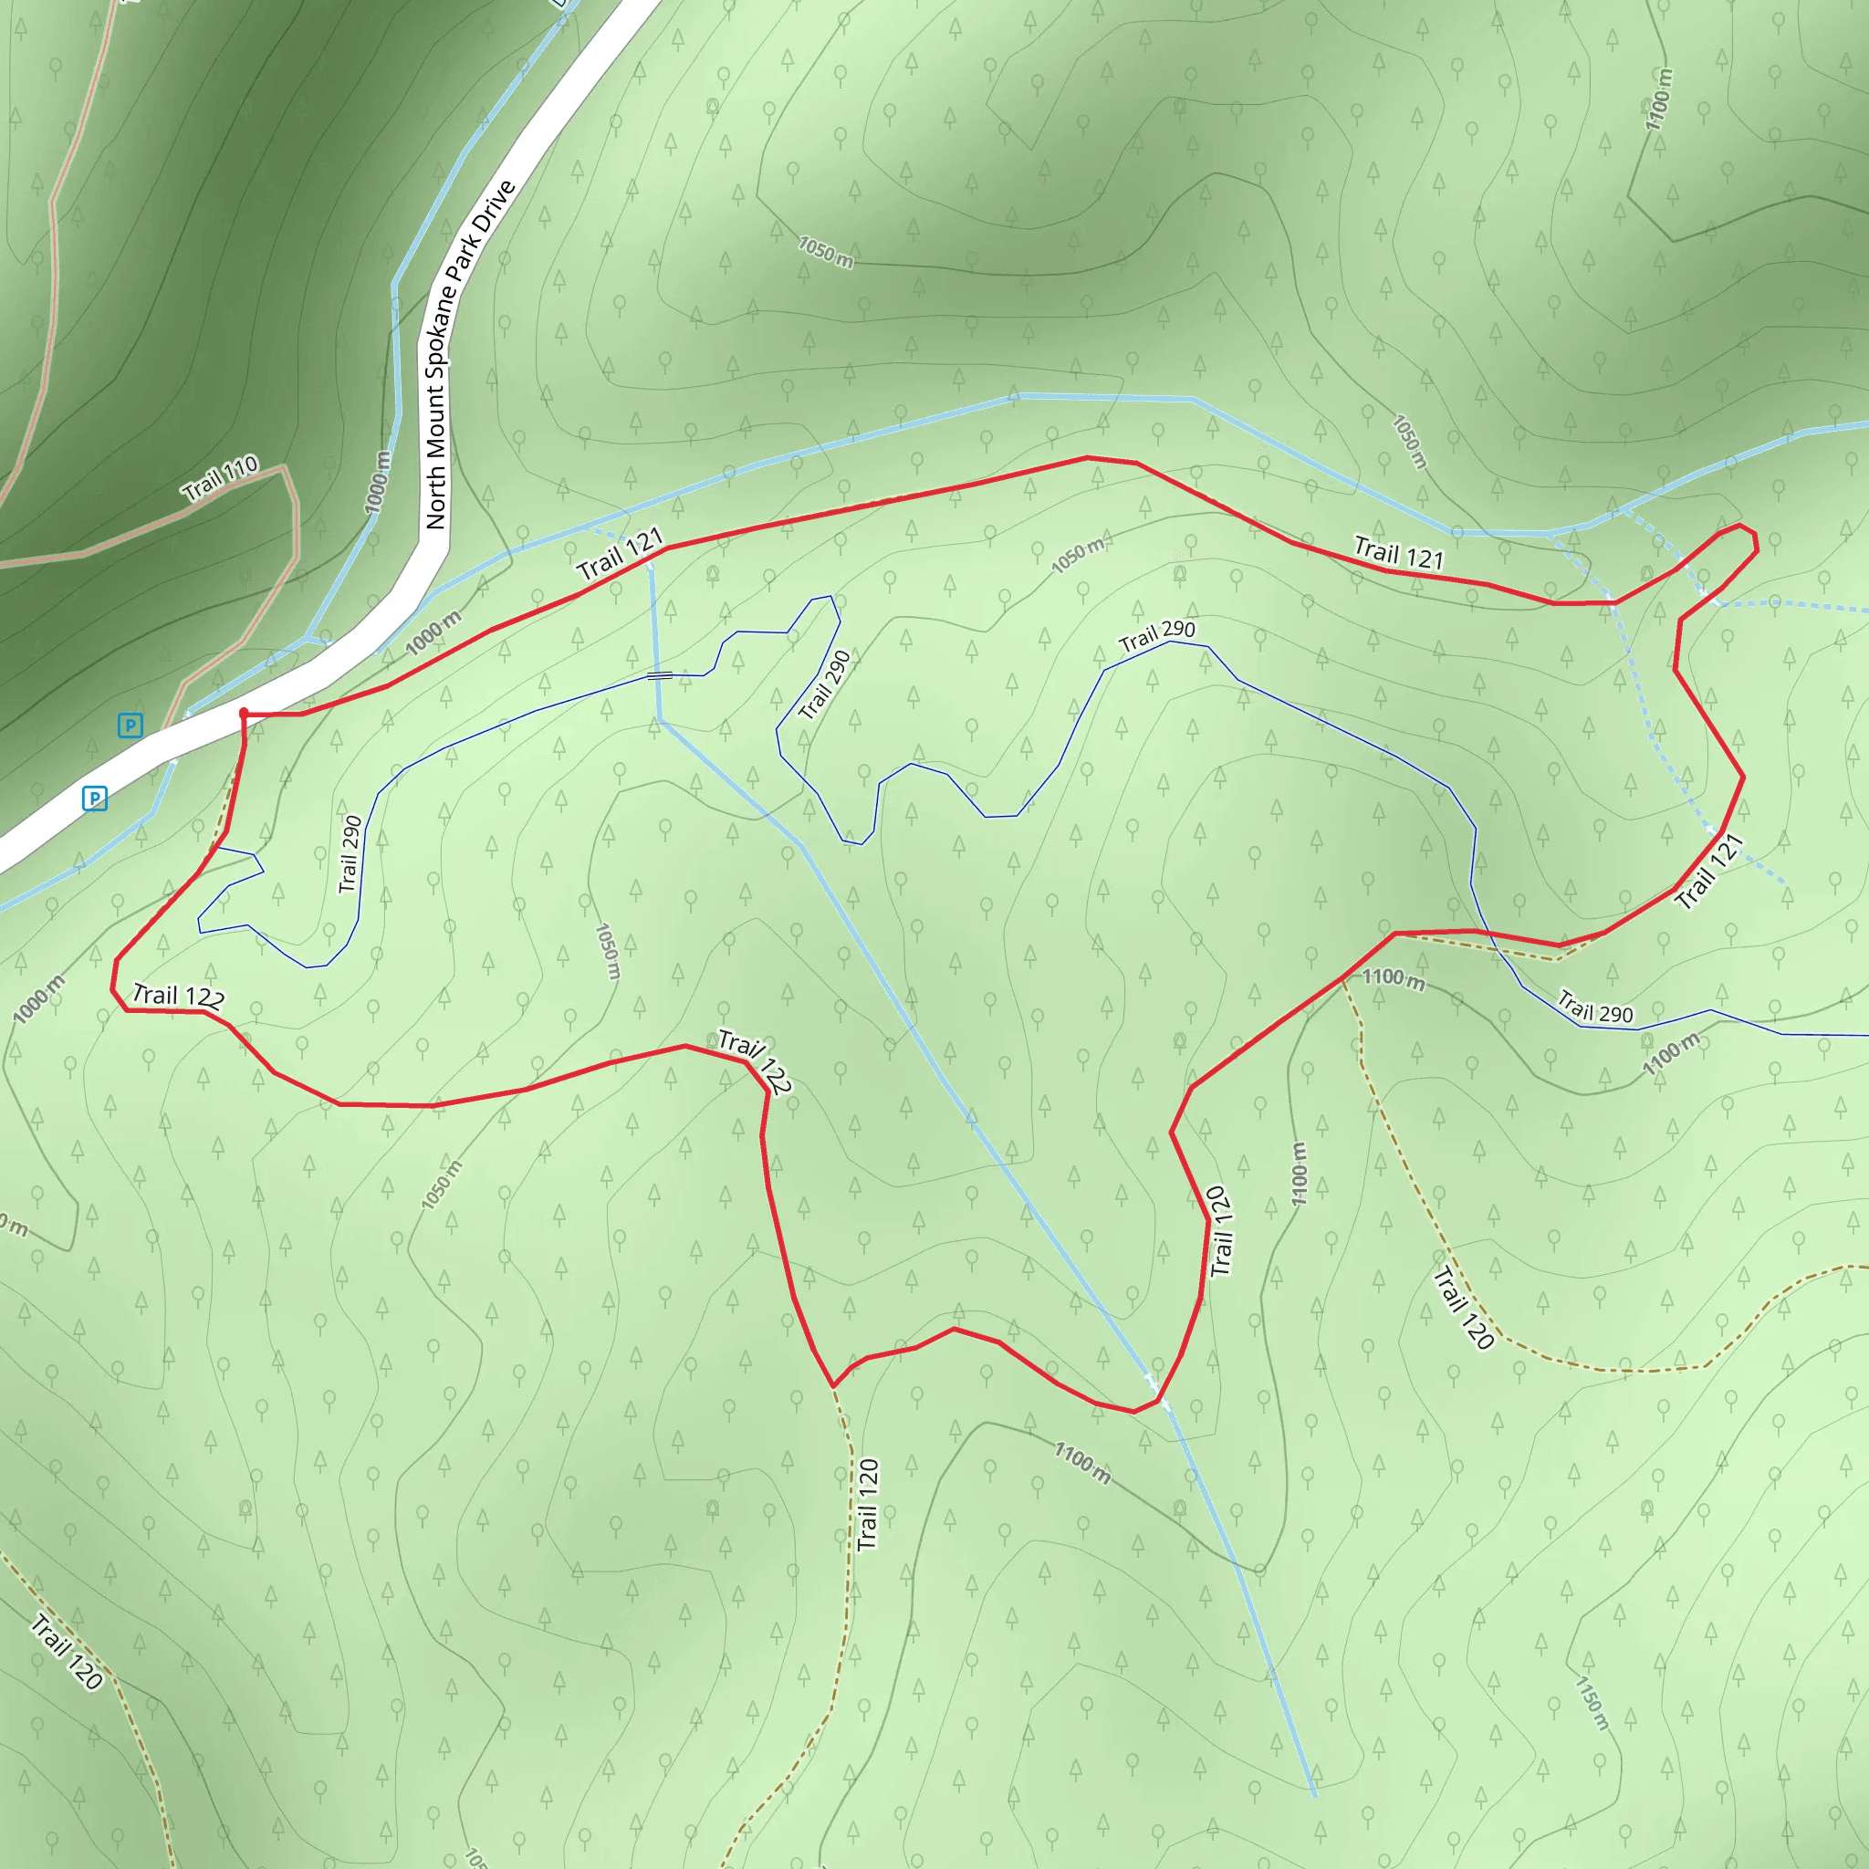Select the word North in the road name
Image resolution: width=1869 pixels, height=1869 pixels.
click(x=435, y=500)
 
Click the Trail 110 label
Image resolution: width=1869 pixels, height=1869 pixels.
click(x=221, y=477)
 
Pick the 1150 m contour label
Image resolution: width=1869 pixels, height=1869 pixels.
click(x=1592, y=1703)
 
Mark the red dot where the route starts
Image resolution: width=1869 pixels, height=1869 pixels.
click(x=244, y=713)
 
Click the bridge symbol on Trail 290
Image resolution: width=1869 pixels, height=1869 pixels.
click(x=659, y=675)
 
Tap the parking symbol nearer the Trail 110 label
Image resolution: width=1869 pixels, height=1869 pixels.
click(x=130, y=725)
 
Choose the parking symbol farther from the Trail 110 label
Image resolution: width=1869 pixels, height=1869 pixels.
click(x=95, y=799)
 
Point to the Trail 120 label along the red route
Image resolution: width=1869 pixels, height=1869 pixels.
click(x=1221, y=1230)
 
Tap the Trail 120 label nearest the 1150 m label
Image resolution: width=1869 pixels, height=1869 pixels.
click(x=1465, y=1306)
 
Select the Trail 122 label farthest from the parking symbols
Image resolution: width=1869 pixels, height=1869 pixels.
click(x=756, y=1060)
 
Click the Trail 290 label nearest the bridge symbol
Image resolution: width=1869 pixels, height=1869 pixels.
click(x=825, y=684)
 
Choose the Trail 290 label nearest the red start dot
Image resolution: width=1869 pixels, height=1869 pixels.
click(x=350, y=854)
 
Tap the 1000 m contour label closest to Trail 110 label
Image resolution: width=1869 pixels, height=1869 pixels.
click(x=377, y=482)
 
